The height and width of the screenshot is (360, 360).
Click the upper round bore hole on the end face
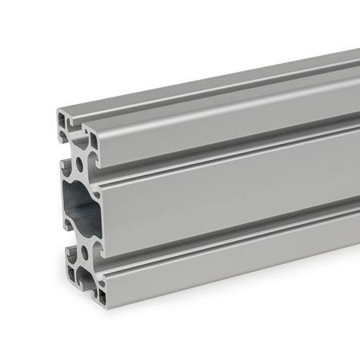pos(80,166)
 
